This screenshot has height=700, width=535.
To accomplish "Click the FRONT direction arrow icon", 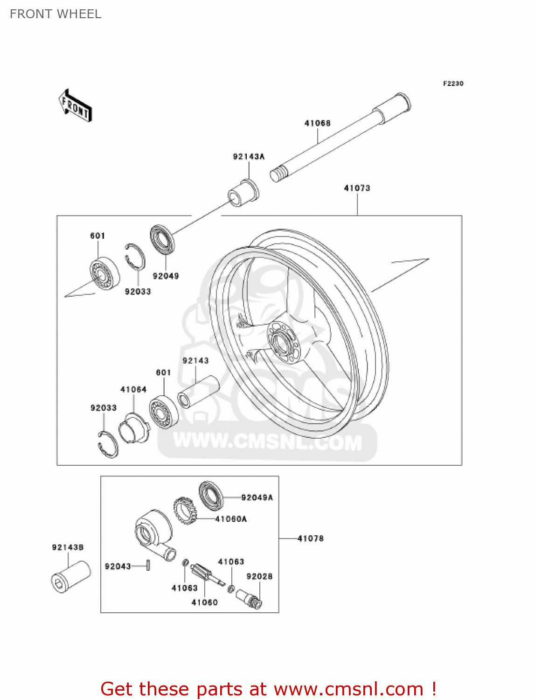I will click(75, 106).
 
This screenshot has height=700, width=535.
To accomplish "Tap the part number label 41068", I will click(317, 123).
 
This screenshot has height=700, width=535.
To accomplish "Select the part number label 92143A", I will click(249, 156).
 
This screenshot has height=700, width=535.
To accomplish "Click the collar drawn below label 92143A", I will click(243, 192).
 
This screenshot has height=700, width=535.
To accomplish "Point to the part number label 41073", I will click(357, 188).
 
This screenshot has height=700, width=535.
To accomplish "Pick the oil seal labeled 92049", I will click(162, 239).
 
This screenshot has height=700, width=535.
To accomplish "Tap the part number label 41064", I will click(133, 389).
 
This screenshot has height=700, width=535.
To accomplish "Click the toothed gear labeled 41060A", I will click(185, 511).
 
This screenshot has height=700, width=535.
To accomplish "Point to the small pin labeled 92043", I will click(148, 565).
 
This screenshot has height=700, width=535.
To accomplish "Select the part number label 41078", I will click(311, 539).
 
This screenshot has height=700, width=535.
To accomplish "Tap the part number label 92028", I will click(259, 576).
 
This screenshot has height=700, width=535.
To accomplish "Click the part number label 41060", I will click(205, 602).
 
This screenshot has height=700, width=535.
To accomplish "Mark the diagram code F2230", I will click(453, 84).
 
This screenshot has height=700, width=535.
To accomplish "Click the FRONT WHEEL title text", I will click(56, 14).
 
